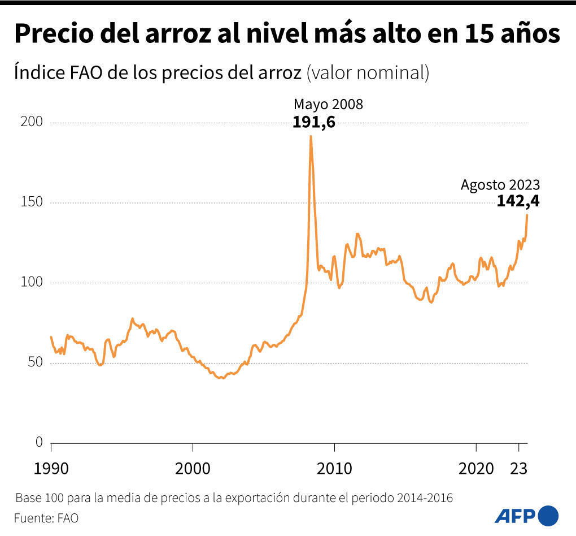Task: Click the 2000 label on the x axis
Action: [x=193, y=468]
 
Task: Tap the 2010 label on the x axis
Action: [x=334, y=468]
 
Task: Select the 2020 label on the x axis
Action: [x=476, y=468]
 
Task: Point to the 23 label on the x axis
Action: [x=518, y=468]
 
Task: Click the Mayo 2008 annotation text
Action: [x=328, y=105]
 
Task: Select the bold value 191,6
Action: [x=314, y=122]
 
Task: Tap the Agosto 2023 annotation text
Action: [x=500, y=184]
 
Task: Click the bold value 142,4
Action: [x=518, y=201]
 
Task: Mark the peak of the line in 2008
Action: [x=311, y=136]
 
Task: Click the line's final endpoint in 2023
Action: [x=527, y=215]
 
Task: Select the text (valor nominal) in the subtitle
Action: [x=368, y=73]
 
